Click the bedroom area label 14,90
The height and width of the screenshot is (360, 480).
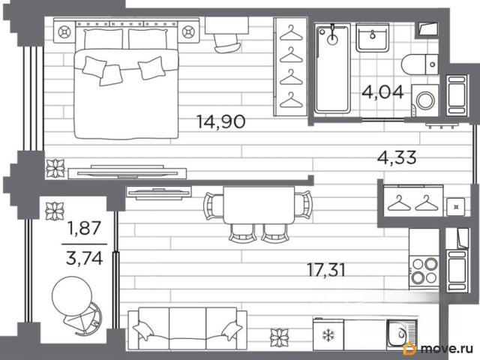(x=220, y=121)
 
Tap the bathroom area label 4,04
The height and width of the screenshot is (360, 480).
(x=382, y=92)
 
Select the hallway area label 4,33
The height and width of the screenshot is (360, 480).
(x=397, y=157)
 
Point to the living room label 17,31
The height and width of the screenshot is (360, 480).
(x=326, y=270)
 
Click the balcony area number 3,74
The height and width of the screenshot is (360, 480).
(x=85, y=259)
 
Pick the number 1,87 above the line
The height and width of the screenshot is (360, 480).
(x=85, y=228)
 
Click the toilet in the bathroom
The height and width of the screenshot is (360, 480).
(x=420, y=64)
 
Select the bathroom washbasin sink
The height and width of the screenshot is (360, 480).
(x=372, y=38)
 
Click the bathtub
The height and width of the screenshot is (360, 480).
(x=332, y=69)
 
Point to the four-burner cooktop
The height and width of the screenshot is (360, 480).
(x=424, y=271)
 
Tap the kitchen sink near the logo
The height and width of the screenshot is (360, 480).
(x=401, y=334)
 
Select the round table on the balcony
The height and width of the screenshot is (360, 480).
(x=72, y=295)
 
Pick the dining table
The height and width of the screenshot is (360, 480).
(x=259, y=205)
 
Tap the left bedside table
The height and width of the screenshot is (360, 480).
(x=64, y=31)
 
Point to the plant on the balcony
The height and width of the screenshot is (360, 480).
(x=55, y=211)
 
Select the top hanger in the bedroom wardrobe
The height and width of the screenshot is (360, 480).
(x=291, y=33)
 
